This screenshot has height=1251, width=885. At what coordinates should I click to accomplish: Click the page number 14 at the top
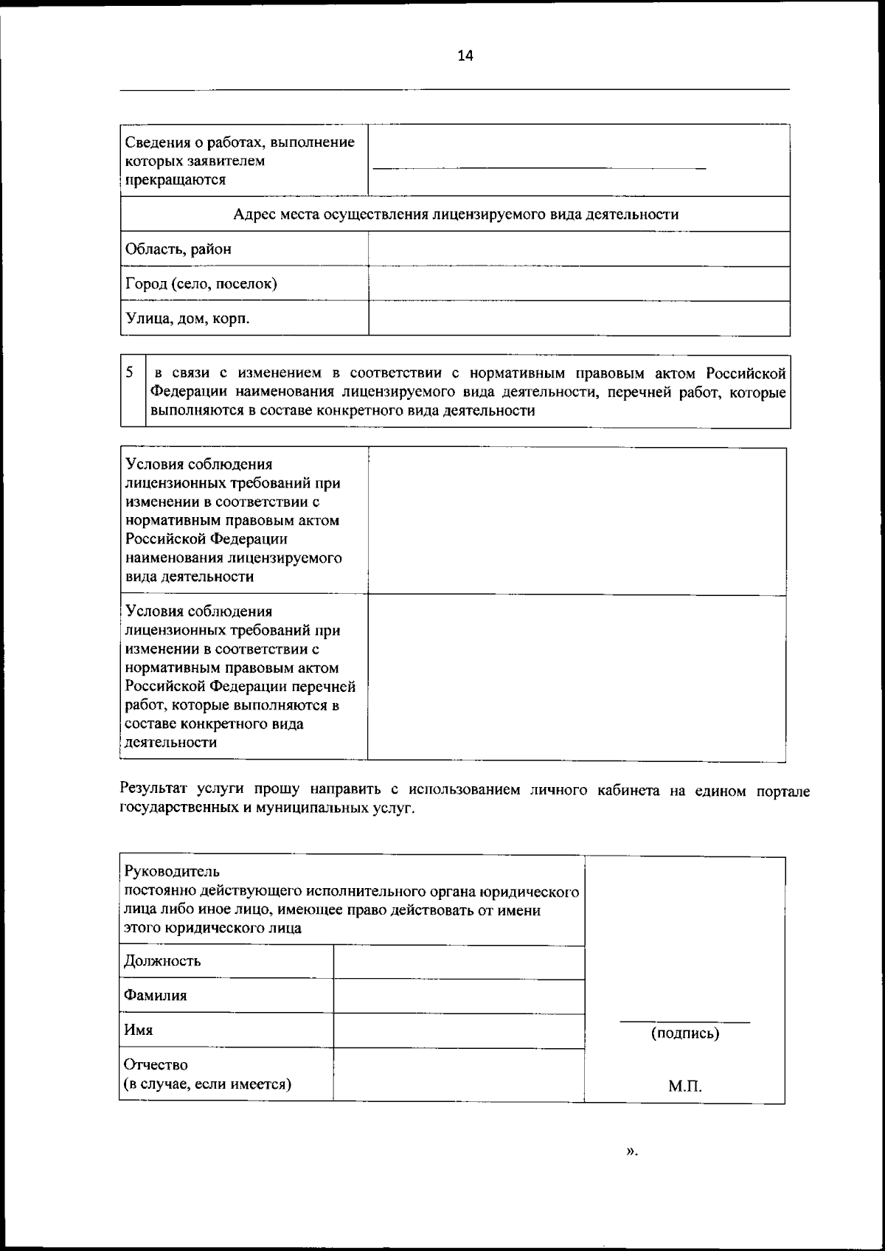465,56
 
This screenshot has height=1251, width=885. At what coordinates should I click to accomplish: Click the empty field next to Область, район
578,249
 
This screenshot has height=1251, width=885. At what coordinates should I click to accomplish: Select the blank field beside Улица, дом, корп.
578,319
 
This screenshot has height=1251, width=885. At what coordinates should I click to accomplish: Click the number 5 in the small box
129,372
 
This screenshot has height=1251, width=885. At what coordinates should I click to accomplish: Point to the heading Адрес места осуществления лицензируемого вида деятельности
455,215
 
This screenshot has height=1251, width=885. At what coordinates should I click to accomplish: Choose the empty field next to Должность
458,963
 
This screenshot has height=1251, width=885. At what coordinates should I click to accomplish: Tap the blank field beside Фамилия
458,997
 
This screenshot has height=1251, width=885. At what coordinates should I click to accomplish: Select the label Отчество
156,1065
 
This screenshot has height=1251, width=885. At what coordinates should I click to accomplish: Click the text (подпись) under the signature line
684,1033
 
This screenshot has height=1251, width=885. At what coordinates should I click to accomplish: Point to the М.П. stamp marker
685,1087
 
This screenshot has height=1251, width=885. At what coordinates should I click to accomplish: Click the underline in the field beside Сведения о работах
539,170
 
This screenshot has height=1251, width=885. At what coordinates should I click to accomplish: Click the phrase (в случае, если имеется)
206,1084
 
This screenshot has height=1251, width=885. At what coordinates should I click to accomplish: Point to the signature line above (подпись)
684,1022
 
